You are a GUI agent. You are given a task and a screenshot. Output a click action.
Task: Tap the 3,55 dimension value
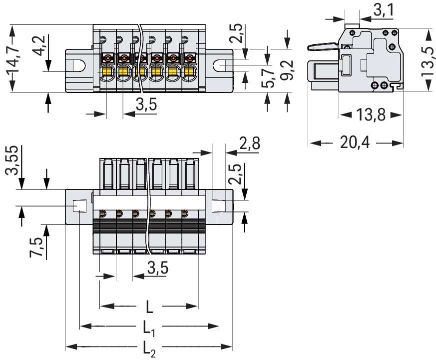13,161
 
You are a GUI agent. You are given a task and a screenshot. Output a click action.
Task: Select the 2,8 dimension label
249,144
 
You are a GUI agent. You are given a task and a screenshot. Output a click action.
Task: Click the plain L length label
149,306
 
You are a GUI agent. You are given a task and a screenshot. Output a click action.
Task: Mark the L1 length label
149,327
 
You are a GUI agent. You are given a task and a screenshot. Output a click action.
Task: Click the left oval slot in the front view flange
79,65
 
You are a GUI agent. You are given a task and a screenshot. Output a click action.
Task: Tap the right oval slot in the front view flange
220,65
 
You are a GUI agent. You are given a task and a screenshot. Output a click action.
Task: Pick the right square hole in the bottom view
218,206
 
